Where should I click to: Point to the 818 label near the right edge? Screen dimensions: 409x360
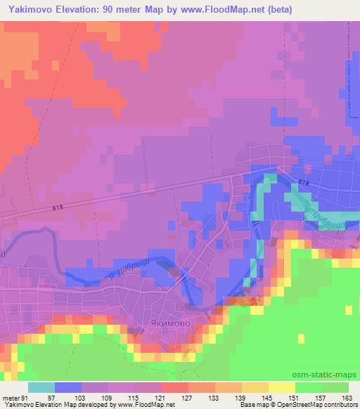(x=303, y=183)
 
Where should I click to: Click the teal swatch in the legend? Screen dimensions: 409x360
(x=41, y=387)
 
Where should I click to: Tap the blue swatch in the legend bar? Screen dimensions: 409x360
(x=68, y=387)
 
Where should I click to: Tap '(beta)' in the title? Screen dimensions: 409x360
(x=275, y=9)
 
